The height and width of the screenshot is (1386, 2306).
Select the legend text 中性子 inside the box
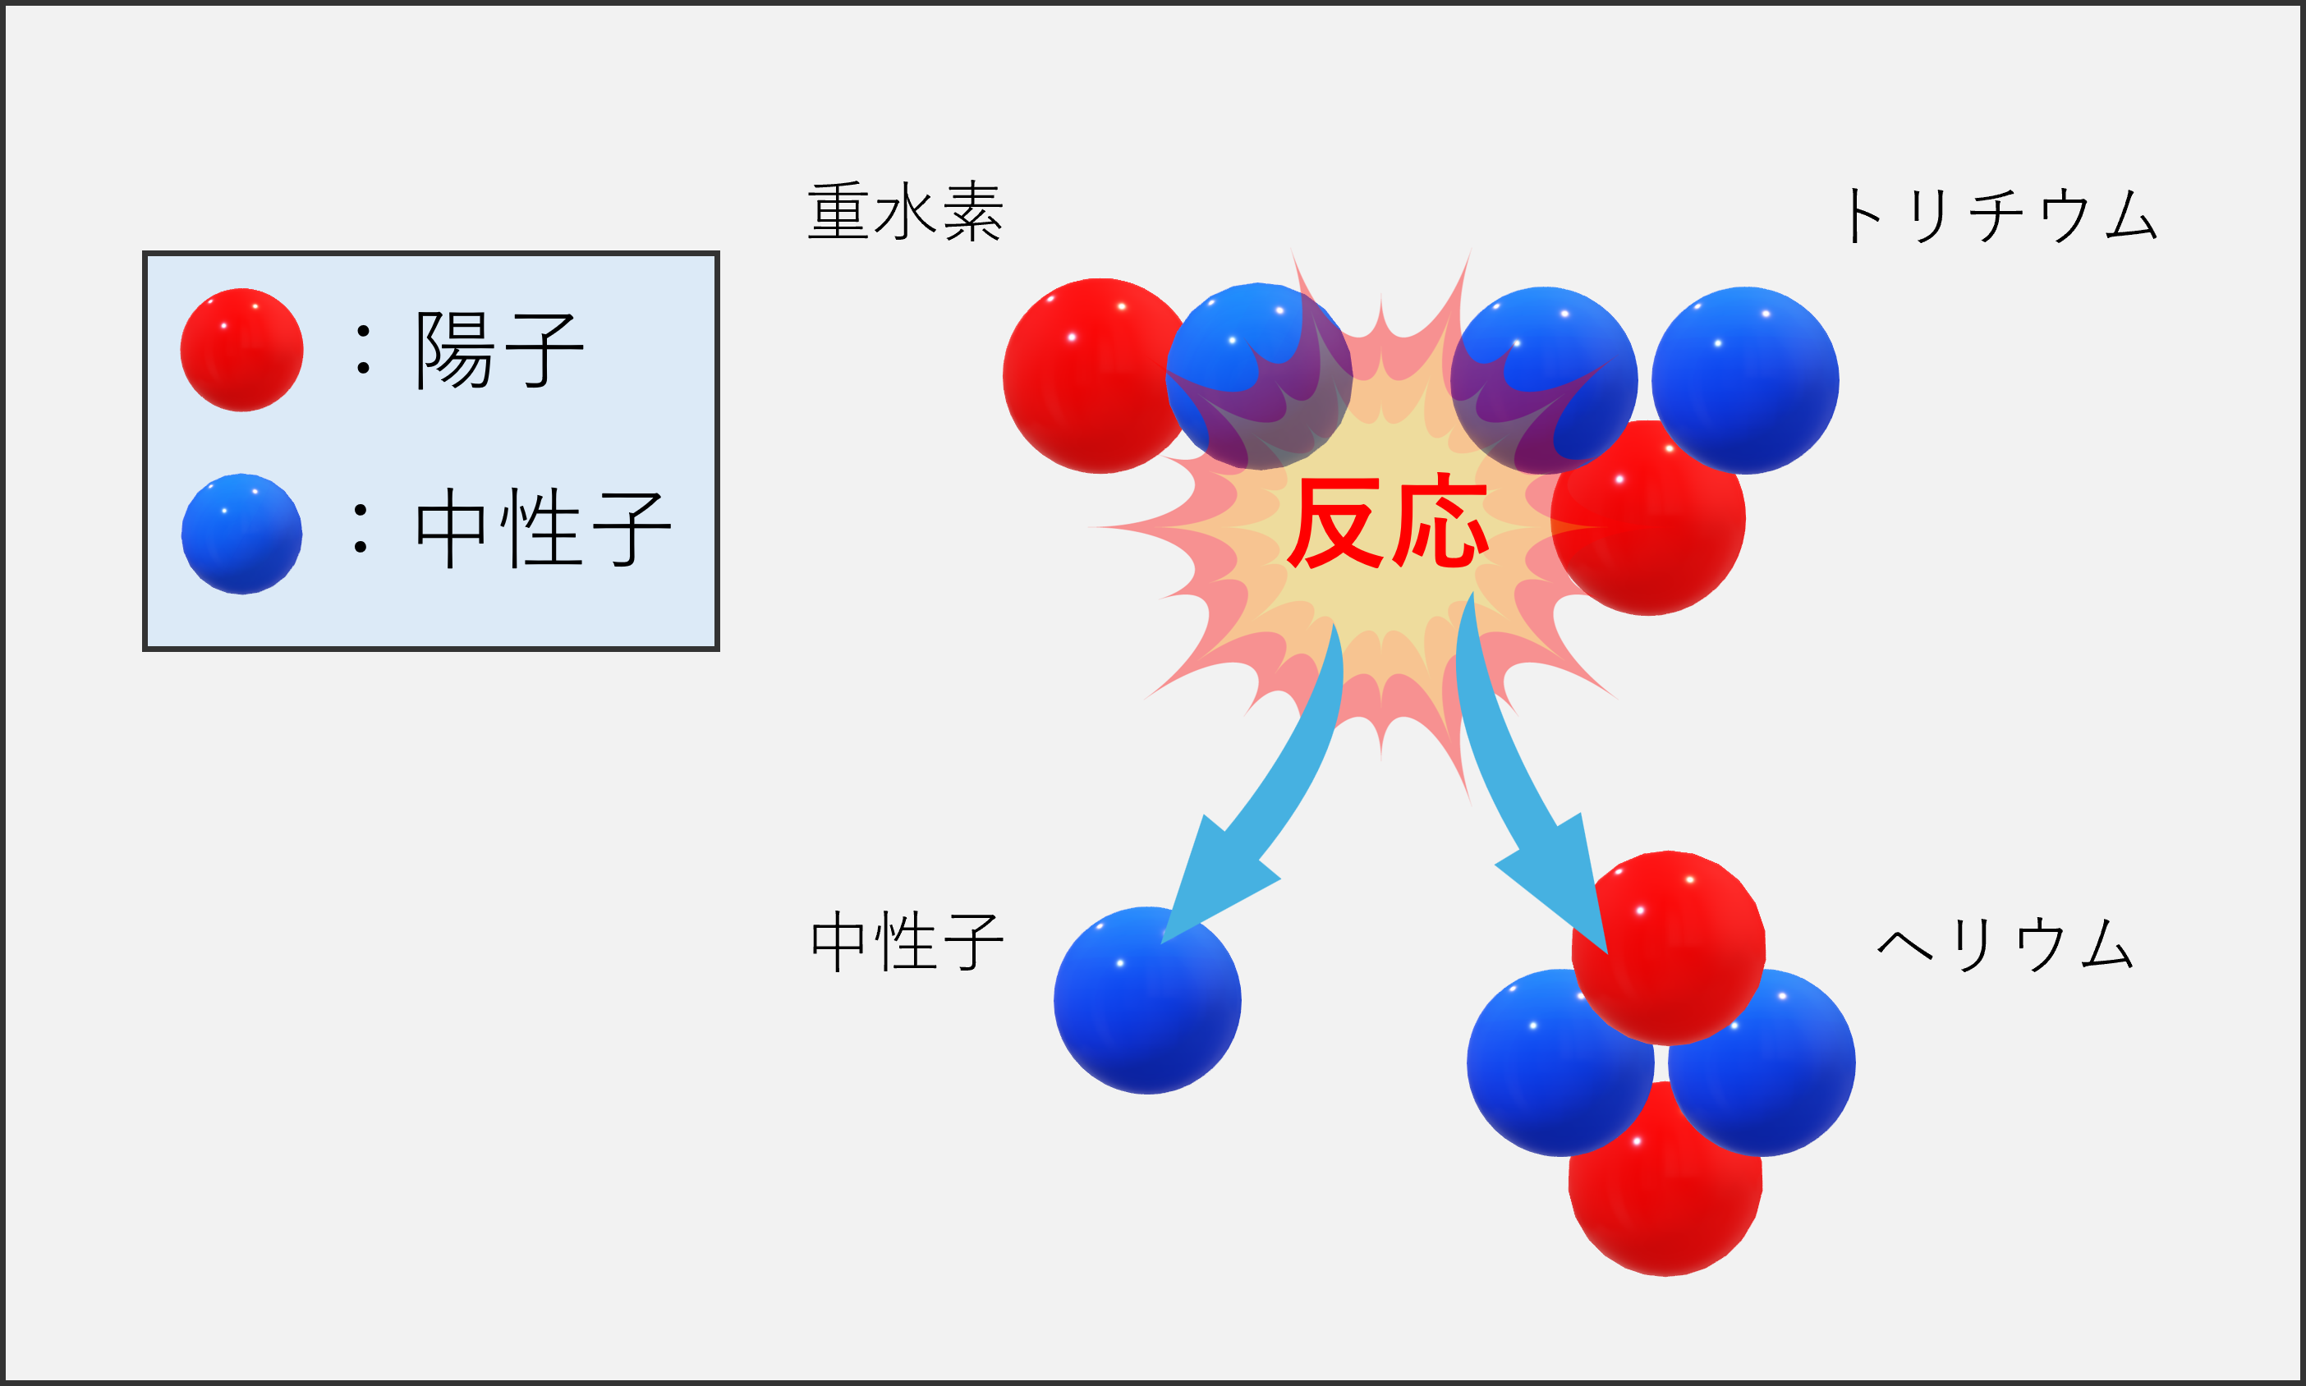[542, 529]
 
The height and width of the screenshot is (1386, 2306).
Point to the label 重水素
[904, 212]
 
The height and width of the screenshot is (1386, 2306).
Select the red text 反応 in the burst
[1386, 523]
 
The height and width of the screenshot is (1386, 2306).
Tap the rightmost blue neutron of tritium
[1744, 380]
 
